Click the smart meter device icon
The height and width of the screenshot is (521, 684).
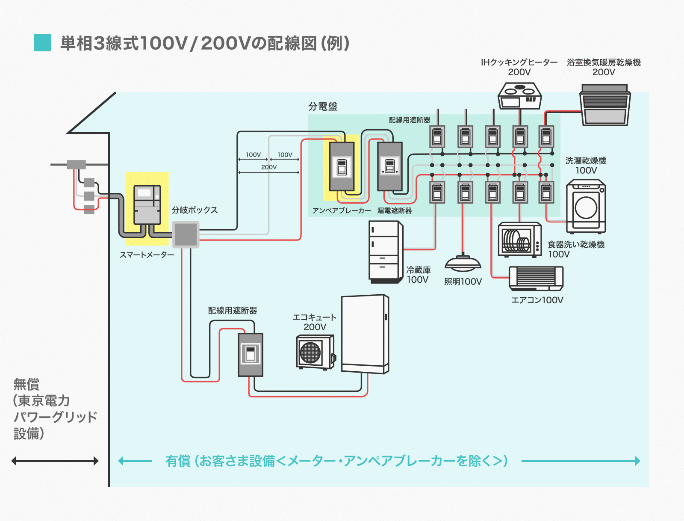pyautogui.click(x=147, y=205)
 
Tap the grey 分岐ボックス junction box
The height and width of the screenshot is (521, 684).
pyautogui.click(x=186, y=234)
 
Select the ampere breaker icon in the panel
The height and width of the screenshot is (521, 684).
pyautogui.click(x=342, y=166)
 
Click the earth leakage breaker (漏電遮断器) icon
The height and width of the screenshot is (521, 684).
pyautogui.click(x=390, y=166)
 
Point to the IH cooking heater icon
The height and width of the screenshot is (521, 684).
pyautogui.click(x=520, y=96)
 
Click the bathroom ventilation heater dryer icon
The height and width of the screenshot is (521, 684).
pyautogui.click(x=604, y=105)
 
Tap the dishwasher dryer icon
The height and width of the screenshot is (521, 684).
pyautogui.click(x=520, y=240)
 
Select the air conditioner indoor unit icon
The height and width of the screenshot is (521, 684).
pyautogui.click(x=536, y=278)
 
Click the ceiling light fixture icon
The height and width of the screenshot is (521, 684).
pyautogui.click(x=463, y=263)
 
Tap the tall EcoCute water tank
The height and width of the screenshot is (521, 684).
pyautogui.click(x=365, y=334)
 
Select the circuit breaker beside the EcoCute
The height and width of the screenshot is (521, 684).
pyautogui.click(x=251, y=355)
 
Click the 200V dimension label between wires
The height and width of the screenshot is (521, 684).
pyautogui.click(x=269, y=167)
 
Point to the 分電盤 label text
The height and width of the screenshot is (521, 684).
pyautogui.click(x=323, y=107)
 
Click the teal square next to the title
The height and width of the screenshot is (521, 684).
pyautogui.click(x=43, y=43)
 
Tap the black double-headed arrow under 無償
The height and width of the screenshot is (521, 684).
pyautogui.click(x=55, y=461)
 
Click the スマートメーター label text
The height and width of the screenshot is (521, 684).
pyautogui.click(x=147, y=255)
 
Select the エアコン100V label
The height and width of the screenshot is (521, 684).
pyautogui.click(x=537, y=300)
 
